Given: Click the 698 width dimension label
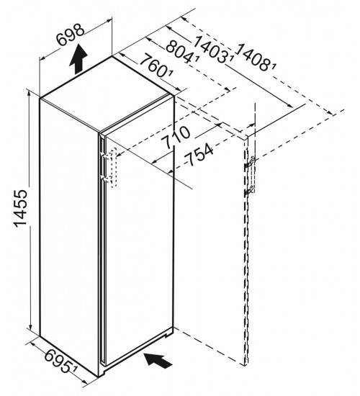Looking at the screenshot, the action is click(70, 34).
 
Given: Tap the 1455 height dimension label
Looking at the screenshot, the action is click(20, 207).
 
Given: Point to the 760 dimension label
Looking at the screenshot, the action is click(154, 66).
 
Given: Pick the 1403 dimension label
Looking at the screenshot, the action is click(212, 49).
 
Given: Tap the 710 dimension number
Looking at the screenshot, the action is click(176, 138).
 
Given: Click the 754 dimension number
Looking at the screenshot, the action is click(199, 155).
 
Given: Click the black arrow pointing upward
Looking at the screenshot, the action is click(78, 59).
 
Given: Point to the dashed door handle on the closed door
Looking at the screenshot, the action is click(113, 168).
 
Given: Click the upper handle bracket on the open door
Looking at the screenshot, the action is click(250, 163).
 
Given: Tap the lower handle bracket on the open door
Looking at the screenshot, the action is click(250, 191).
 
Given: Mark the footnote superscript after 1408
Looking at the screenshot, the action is click(274, 66).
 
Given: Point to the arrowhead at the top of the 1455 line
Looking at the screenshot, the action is click(30, 93).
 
